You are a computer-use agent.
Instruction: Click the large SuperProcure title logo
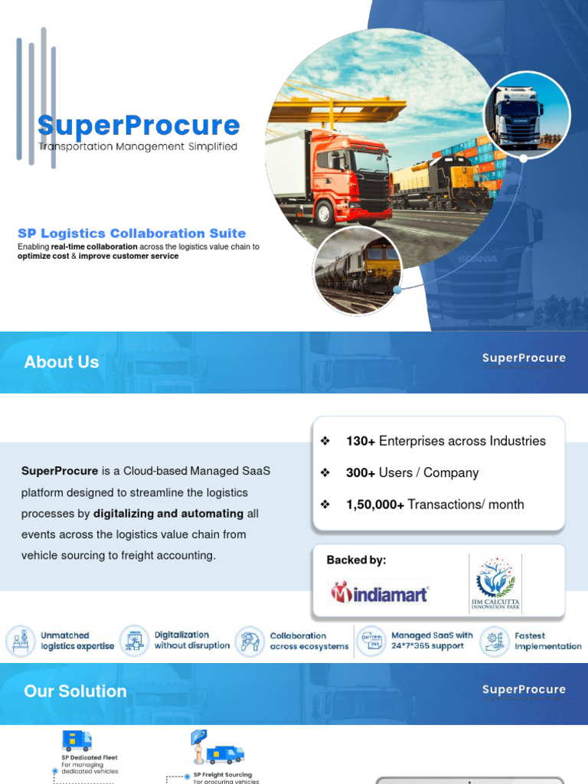coord(139,126)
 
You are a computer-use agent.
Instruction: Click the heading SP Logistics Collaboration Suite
coord(132,234)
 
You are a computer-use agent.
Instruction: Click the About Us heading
coord(61,362)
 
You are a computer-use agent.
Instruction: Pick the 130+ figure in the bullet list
coord(360,441)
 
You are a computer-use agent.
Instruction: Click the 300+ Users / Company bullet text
coord(412,472)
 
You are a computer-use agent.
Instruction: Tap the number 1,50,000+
coord(374,505)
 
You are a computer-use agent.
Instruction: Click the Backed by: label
coord(356,560)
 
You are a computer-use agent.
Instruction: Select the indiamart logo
coord(379,593)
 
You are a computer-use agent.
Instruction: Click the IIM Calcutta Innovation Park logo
coord(495,584)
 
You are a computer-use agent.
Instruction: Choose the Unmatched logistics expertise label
coord(77,641)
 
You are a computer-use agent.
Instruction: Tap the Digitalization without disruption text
coord(191,640)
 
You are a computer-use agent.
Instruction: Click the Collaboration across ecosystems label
coord(309,641)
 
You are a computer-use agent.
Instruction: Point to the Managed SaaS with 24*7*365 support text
coord(432,641)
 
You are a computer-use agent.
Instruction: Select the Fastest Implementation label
coord(547,641)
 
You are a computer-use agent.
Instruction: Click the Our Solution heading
coord(75,691)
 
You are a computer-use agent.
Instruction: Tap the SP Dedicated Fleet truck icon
coord(77,740)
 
